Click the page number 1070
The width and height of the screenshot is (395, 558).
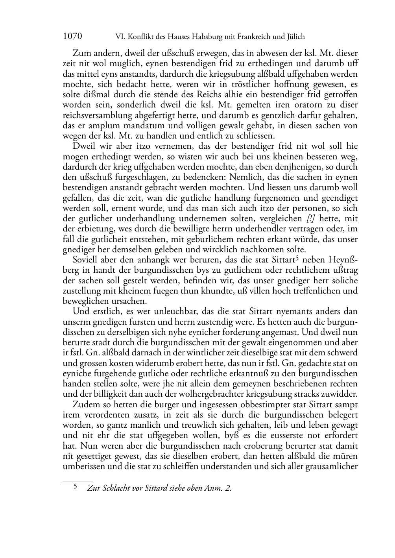coord(72,37)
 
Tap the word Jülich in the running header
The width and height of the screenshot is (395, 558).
coord(294,37)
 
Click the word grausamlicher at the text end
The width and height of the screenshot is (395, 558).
coord(332,466)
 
